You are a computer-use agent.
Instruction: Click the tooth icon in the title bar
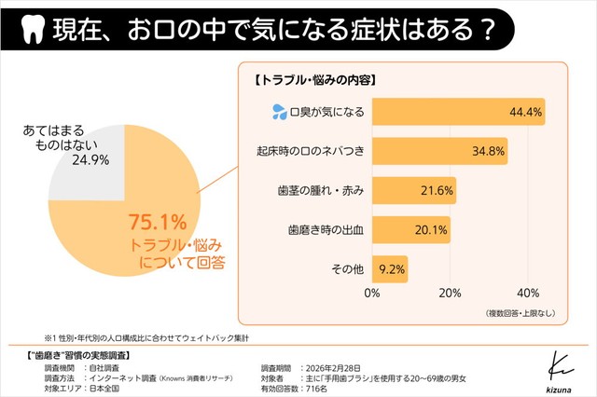tap(32, 29)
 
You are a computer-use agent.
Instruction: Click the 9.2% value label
tap(391, 268)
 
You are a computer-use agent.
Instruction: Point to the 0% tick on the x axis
tap(372, 294)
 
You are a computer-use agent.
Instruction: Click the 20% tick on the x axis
tap(451, 294)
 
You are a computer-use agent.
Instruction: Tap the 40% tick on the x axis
tap(528, 294)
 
